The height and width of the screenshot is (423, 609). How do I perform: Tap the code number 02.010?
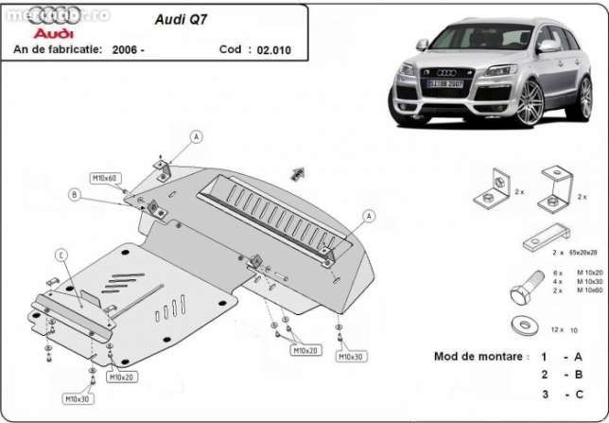point(273,48)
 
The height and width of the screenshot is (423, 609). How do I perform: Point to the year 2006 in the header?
point(128,48)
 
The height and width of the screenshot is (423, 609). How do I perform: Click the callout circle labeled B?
point(74,195)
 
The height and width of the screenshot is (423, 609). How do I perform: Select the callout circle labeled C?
point(60,254)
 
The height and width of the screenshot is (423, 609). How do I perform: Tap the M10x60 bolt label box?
point(104,178)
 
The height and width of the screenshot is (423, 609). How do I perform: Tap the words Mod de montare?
point(478,358)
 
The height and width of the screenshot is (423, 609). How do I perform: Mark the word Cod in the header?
point(230,48)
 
